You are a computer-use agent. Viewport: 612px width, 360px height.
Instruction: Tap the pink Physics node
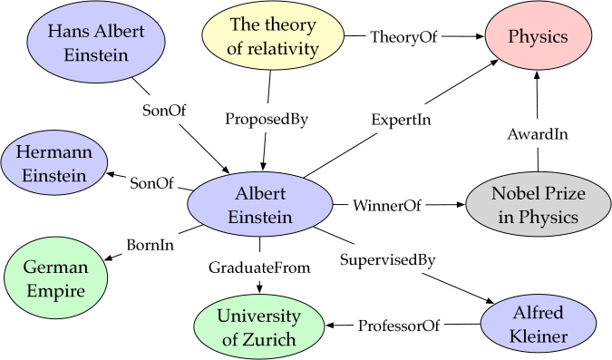click(538, 38)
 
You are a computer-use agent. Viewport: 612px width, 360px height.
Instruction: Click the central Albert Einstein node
click(260, 206)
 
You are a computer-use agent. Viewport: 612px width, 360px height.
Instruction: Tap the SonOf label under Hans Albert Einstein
click(166, 112)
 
